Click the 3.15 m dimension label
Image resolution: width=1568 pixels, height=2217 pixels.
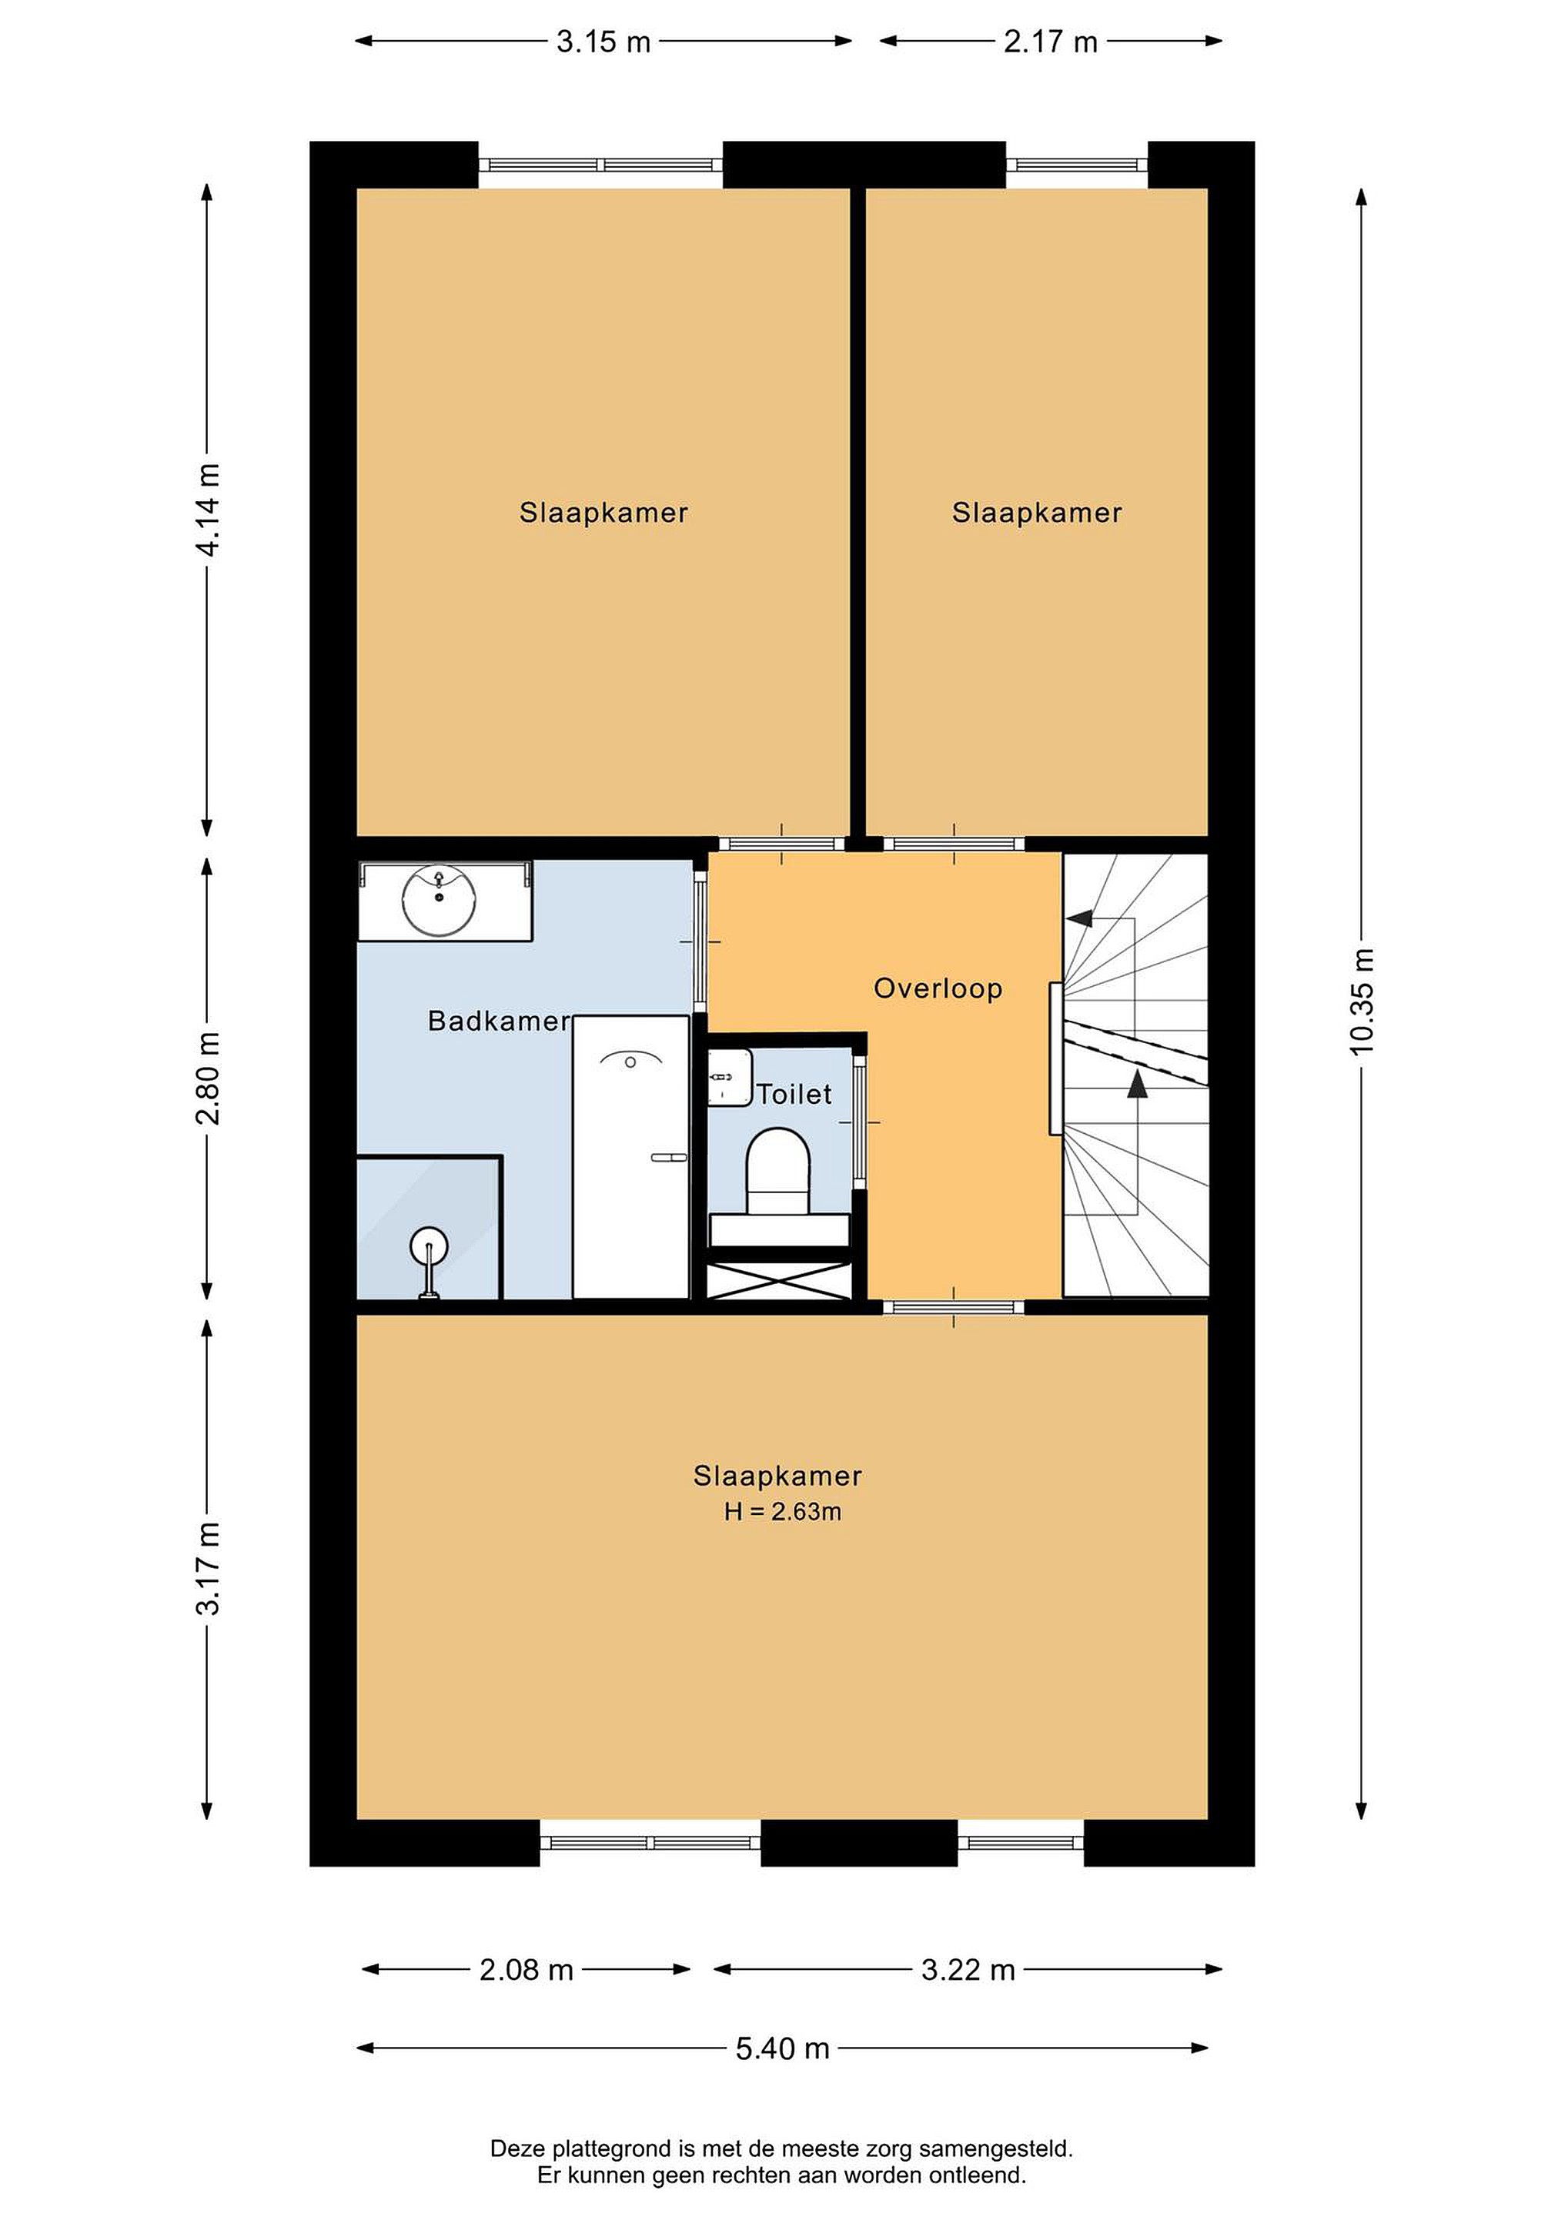point(603,42)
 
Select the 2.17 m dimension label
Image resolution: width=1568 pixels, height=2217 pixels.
point(1051,42)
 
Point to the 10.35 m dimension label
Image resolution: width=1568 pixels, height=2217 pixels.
point(1362,1001)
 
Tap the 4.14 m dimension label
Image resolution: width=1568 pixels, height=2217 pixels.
point(208,510)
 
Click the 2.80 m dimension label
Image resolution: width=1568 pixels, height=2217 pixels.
point(208,1078)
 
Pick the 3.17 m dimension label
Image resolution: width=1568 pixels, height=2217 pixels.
point(208,1568)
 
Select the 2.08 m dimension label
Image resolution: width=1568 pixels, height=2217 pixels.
point(527,1970)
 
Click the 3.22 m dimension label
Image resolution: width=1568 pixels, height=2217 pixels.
point(968,1970)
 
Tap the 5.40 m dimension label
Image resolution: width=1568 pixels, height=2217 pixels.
point(782,2048)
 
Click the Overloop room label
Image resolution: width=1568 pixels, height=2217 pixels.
point(938,988)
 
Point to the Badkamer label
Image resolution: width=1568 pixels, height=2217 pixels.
point(499,1021)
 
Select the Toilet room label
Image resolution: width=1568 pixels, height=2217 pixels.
point(794,1094)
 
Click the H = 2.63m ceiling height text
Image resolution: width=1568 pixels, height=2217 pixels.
point(782,1511)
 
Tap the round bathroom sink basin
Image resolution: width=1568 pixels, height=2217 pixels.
point(440,900)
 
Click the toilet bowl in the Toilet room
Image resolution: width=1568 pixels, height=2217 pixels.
point(777,1172)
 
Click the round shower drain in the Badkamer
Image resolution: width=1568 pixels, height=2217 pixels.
point(428,1246)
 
